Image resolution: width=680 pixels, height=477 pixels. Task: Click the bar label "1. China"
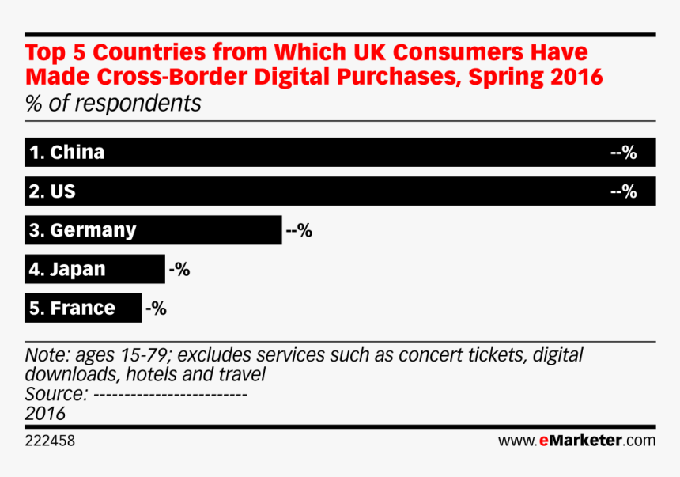point(66,153)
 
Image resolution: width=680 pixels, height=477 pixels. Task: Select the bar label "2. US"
point(52,191)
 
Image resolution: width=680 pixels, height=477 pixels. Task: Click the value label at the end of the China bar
point(624,153)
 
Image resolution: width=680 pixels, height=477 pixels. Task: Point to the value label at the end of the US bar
point(624,191)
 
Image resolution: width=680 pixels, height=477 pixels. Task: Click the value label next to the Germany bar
point(299,231)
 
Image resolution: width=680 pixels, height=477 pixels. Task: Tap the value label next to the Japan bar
point(179,270)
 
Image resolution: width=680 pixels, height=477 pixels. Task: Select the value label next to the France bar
point(155,309)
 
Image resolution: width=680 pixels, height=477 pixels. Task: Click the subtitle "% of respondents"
point(113,104)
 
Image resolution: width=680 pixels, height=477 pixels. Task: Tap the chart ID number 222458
point(50,441)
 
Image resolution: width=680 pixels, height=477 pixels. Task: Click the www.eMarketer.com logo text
point(576,441)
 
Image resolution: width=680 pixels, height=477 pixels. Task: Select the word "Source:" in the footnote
point(55,394)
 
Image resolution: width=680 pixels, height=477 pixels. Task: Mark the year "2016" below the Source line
point(45,414)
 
